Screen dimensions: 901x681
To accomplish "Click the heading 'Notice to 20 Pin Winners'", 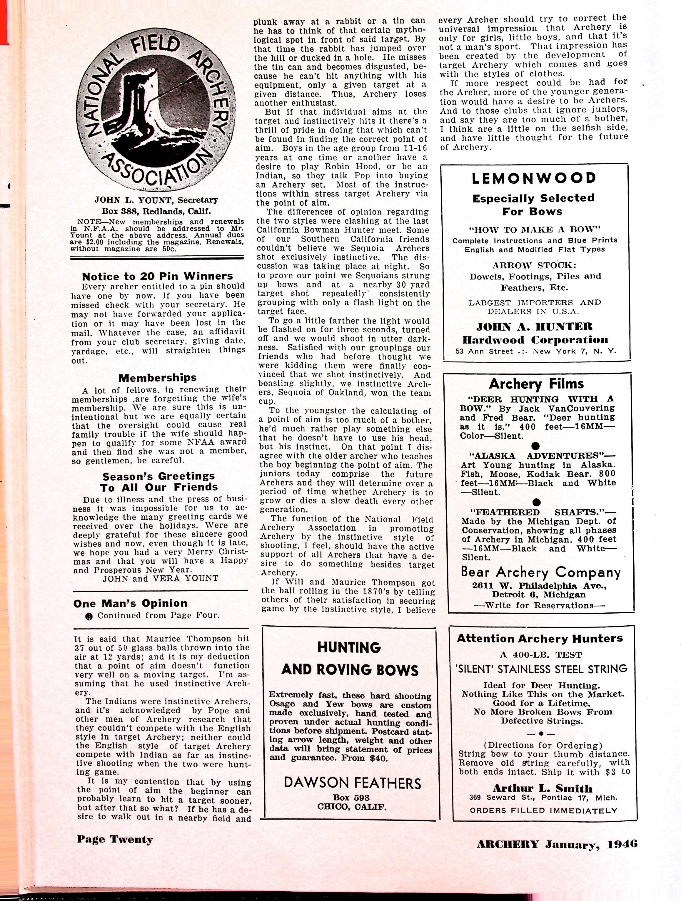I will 157,277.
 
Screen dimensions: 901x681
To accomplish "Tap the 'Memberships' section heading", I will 157,378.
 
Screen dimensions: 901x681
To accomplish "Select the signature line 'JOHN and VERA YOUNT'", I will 160,578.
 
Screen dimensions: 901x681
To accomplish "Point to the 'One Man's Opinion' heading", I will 131,603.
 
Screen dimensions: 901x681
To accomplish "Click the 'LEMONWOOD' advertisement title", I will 534,178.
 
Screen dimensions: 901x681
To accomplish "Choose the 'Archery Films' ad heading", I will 536,384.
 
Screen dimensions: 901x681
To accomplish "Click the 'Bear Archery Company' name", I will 540,572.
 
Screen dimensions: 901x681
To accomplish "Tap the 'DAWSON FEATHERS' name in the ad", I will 353,783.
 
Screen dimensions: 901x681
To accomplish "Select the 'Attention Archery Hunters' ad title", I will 540,638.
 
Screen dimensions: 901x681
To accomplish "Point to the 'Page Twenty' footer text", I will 115,840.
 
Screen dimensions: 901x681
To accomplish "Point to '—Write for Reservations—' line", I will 540,605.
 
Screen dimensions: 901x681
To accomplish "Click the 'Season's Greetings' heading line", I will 158,476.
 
